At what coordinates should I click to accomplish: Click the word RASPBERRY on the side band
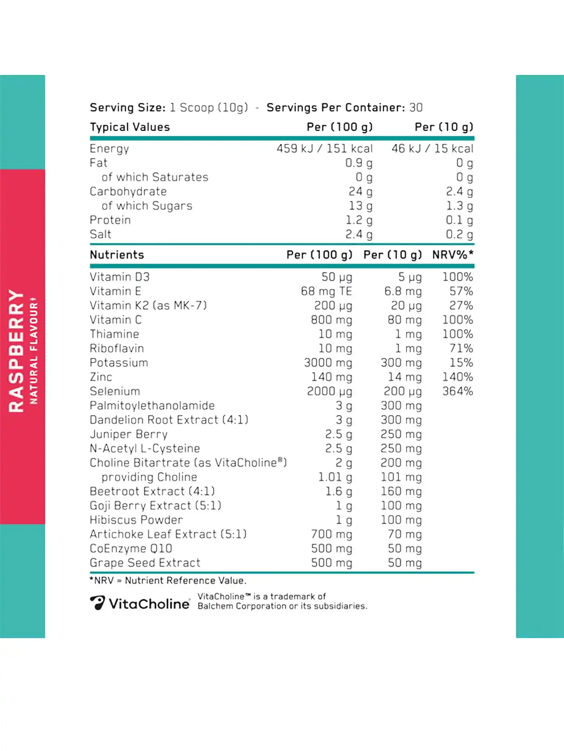point(16,351)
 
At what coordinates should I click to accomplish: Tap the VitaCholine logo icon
point(97,603)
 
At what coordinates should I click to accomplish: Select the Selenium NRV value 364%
point(457,391)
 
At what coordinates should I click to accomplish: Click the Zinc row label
point(101,377)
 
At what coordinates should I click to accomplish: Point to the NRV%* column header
point(453,255)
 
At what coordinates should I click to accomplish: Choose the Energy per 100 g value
point(324,149)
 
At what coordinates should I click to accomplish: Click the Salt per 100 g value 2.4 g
point(358,234)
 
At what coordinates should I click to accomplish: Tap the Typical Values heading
point(130,127)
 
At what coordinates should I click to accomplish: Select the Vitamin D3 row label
point(119,277)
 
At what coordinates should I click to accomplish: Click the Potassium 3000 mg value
point(328,363)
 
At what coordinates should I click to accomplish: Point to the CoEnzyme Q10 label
point(131,548)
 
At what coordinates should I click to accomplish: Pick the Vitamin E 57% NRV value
point(461,291)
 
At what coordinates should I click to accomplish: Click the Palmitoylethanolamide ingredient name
point(152,405)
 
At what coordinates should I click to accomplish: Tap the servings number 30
point(416,108)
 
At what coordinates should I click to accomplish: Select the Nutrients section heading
point(117,255)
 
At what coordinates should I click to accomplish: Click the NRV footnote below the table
point(168,580)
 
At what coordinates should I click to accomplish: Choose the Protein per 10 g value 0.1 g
point(459,220)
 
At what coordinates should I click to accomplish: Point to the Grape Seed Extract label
point(145,563)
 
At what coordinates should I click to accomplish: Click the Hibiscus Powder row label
point(136,520)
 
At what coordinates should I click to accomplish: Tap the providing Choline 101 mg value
point(401,477)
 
